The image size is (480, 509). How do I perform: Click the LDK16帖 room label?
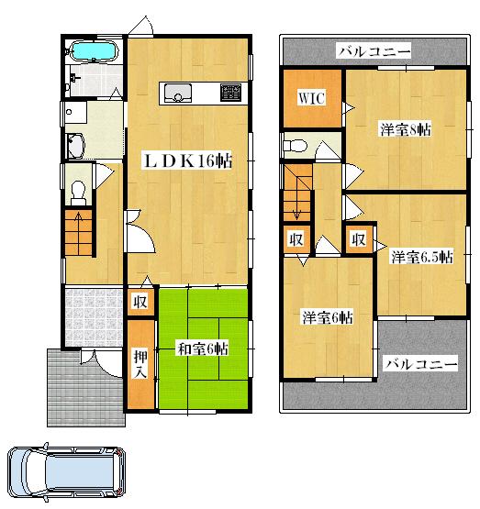[x=186, y=161]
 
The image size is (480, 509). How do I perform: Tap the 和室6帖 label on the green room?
[x=203, y=348]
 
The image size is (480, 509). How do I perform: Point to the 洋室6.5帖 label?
[x=421, y=257]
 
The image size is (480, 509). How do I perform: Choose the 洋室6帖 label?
[x=328, y=318]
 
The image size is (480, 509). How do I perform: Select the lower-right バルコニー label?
[x=419, y=364]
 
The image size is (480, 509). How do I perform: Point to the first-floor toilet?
[x=79, y=190]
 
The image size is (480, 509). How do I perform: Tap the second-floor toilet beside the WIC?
[x=296, y=144]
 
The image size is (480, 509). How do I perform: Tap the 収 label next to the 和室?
[x=140, y=302]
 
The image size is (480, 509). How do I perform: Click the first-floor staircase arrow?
[x=78, y=225]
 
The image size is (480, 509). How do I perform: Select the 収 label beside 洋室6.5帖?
[x=359, y=239]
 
